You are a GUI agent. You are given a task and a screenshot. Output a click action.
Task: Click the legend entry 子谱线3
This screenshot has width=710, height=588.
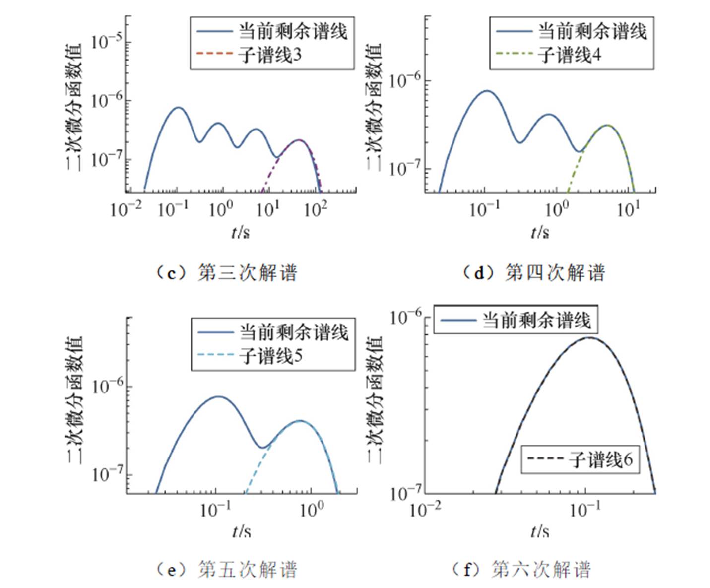click(270, 55)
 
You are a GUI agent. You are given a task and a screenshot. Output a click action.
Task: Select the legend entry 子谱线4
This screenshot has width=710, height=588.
click(570, 55)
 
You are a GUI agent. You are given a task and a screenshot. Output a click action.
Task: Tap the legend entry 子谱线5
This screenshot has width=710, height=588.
click(271, 356)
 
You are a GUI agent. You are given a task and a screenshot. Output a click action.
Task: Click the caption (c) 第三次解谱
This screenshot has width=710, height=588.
click(227, 273)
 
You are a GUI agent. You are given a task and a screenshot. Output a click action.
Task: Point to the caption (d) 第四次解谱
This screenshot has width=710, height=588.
click(533, 273)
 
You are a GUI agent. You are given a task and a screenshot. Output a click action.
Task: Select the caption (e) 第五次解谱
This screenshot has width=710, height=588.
click(227, 569)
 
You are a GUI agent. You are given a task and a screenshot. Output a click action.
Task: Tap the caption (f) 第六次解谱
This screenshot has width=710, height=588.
click(521, 569)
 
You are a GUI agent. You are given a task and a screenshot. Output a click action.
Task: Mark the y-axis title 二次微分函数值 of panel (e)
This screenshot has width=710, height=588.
click(74, 399)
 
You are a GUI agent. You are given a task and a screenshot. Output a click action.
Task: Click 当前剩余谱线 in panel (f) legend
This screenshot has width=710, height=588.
click(536, 321)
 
